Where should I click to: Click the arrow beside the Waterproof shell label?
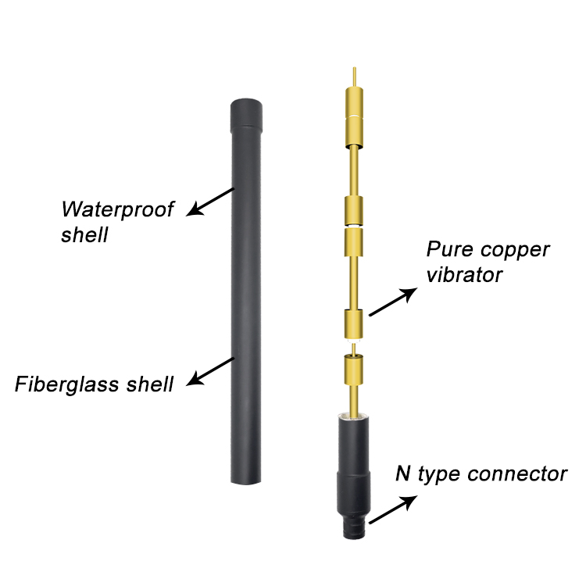(212, 199)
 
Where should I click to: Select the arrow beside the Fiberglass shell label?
(212, 371)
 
